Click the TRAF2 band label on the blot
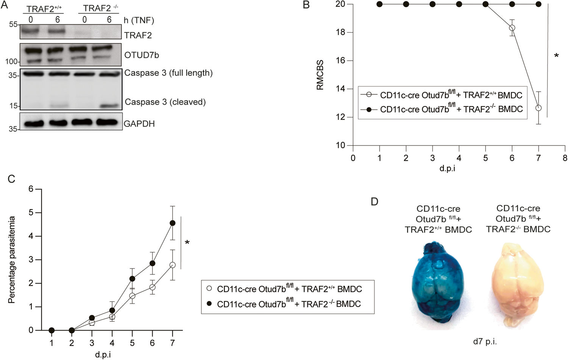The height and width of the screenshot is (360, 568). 138,35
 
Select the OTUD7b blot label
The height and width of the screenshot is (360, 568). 142,55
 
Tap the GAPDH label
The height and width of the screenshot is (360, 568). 139,124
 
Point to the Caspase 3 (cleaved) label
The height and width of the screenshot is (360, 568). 165,102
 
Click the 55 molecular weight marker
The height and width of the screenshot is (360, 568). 13,25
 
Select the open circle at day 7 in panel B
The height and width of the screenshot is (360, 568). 538,108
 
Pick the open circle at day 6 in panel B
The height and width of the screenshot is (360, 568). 512,28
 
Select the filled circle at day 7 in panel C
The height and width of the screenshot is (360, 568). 173,223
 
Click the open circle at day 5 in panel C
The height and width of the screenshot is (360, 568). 133,296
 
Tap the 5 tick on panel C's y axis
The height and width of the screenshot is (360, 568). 31,213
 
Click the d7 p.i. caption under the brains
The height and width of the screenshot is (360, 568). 485,341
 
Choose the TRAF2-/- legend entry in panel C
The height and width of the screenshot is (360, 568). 288,304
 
